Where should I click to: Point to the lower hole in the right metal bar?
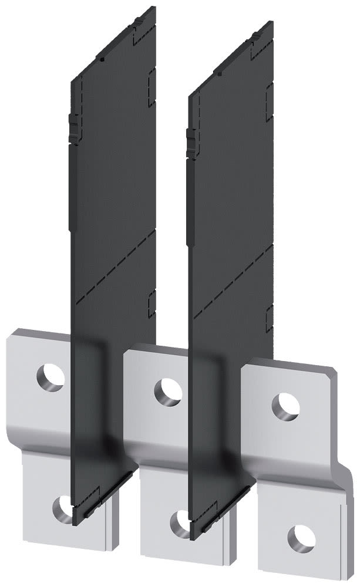(x=302, y=535)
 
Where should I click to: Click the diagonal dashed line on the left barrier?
(x=112, y=267)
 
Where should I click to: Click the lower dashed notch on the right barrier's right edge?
(x=270, y=316)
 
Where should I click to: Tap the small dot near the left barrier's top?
(x=102, y=59)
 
